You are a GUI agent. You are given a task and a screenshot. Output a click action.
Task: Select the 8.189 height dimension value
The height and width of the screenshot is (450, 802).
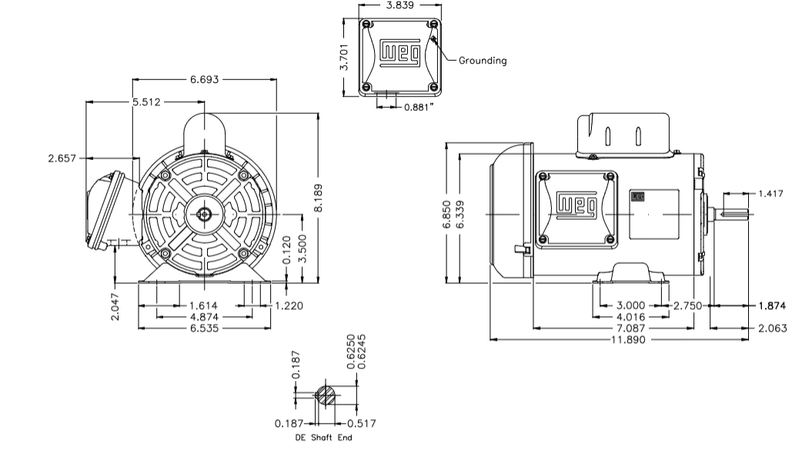(319, 200)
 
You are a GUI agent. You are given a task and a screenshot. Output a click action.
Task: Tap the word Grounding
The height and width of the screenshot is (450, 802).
(483, 61)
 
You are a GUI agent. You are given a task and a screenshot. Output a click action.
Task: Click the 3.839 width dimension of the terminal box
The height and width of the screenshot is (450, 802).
(399, 5)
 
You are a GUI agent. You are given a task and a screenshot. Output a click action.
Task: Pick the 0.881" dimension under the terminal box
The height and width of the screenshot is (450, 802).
(419, 107)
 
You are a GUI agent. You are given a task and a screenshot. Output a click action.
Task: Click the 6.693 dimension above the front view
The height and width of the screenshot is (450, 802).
(205, 78)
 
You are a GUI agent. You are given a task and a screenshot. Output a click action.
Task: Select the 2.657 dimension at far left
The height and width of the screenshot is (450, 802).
(62, 158)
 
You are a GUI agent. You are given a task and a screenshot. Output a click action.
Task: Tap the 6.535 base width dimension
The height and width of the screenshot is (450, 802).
(205, 328)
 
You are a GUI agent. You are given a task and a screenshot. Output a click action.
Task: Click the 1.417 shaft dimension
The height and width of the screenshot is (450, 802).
(770, 193)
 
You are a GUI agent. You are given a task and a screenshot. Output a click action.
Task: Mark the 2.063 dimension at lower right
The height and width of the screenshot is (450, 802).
(772, 328)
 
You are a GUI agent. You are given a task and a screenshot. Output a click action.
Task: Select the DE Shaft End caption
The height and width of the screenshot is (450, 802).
(324, 438)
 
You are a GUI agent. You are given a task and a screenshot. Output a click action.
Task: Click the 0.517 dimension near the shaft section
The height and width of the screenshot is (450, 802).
(361, 423)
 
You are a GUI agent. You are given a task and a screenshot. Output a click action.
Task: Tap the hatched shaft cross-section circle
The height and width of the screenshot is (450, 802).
(326, 396)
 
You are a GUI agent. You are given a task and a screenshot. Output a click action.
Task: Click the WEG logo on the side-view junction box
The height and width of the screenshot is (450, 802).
(576, 204)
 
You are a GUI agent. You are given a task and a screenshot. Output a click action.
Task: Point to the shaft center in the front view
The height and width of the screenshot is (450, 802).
(205, 213)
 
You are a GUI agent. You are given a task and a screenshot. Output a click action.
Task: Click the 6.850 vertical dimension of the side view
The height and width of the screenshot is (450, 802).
(445, 213)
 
